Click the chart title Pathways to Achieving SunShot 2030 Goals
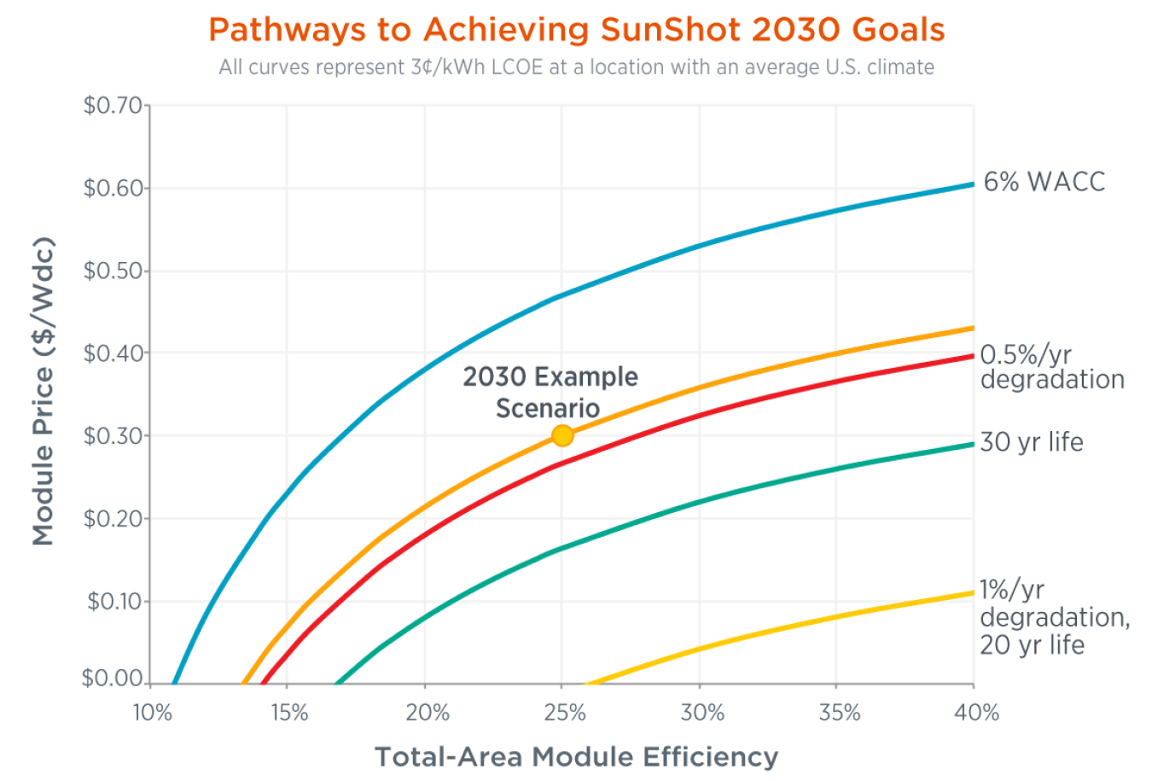coord(576,30)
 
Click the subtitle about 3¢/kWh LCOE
coord(576,67)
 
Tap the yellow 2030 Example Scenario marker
coord(562,435)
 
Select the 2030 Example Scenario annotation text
coord(550,392)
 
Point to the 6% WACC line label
coord(1044,182)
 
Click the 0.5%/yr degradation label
coord(1051,367)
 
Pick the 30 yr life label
coord(1031,442)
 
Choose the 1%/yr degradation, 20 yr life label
coord(1054,617)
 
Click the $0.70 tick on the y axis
coord(113,106)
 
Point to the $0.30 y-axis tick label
coord(113,435)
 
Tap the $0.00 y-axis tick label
coord(113,679)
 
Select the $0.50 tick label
coord(113,271)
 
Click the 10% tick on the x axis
coord(152,713)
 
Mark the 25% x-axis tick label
coord(564,713)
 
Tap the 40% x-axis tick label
coord(976,713)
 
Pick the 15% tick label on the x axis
coord(289,713)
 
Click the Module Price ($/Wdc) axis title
coord(44,391)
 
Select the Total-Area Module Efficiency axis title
coord(576,757)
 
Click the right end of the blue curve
coord(972,184)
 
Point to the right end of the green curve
coord(972,444)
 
